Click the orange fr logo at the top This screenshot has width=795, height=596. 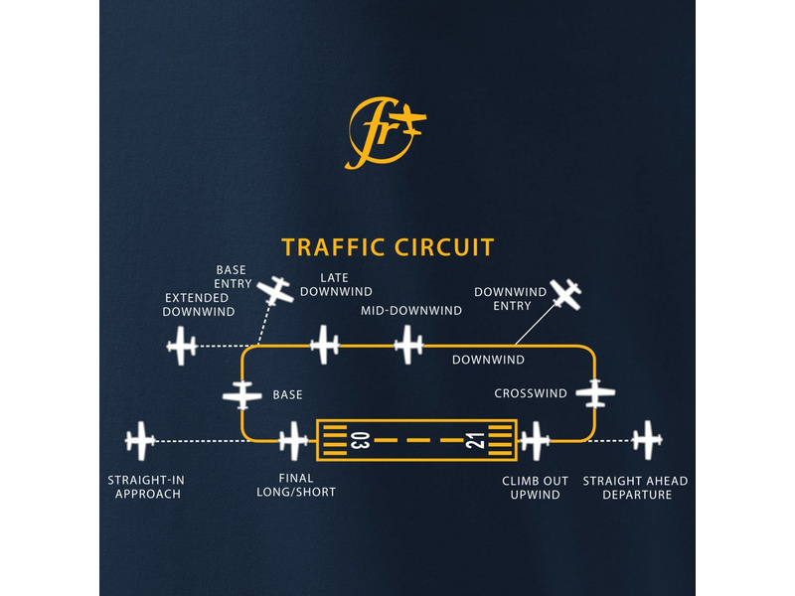386,131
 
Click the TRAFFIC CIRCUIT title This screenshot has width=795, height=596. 388,246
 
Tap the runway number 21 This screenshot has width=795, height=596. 475,440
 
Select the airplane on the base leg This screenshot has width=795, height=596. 242,394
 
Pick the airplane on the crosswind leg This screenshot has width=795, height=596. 596,392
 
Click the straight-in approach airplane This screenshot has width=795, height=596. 141,439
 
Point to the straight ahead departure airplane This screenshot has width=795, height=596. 648,439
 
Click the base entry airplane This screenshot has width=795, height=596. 275,290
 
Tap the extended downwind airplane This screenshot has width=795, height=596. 182,347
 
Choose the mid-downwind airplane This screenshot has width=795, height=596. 408,346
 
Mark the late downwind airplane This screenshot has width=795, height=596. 324,346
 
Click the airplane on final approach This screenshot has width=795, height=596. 294,440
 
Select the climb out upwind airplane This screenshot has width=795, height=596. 535,440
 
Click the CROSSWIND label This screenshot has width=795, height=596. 531,393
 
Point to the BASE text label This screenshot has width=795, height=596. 287,394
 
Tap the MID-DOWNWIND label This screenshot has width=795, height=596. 410,310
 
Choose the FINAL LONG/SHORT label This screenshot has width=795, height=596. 296,487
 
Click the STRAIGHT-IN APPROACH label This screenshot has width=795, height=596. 146,487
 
